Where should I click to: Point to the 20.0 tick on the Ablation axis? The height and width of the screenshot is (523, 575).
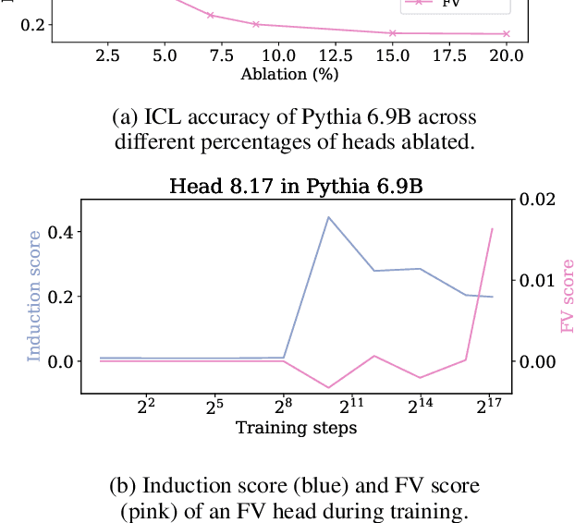pos(507,56)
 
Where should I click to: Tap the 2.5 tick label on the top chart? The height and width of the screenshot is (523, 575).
pos(107,56)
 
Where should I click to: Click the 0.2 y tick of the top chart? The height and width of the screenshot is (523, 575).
pos(33,24)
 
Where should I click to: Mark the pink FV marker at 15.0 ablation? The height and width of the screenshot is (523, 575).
pos(393,33)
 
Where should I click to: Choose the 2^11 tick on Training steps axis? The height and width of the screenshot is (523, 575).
pos(351,407)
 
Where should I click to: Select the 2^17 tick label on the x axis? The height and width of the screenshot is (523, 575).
pos(488,407)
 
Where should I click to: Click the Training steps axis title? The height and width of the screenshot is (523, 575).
pos(296,428)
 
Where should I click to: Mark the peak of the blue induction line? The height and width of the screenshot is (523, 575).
pos(329,217)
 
